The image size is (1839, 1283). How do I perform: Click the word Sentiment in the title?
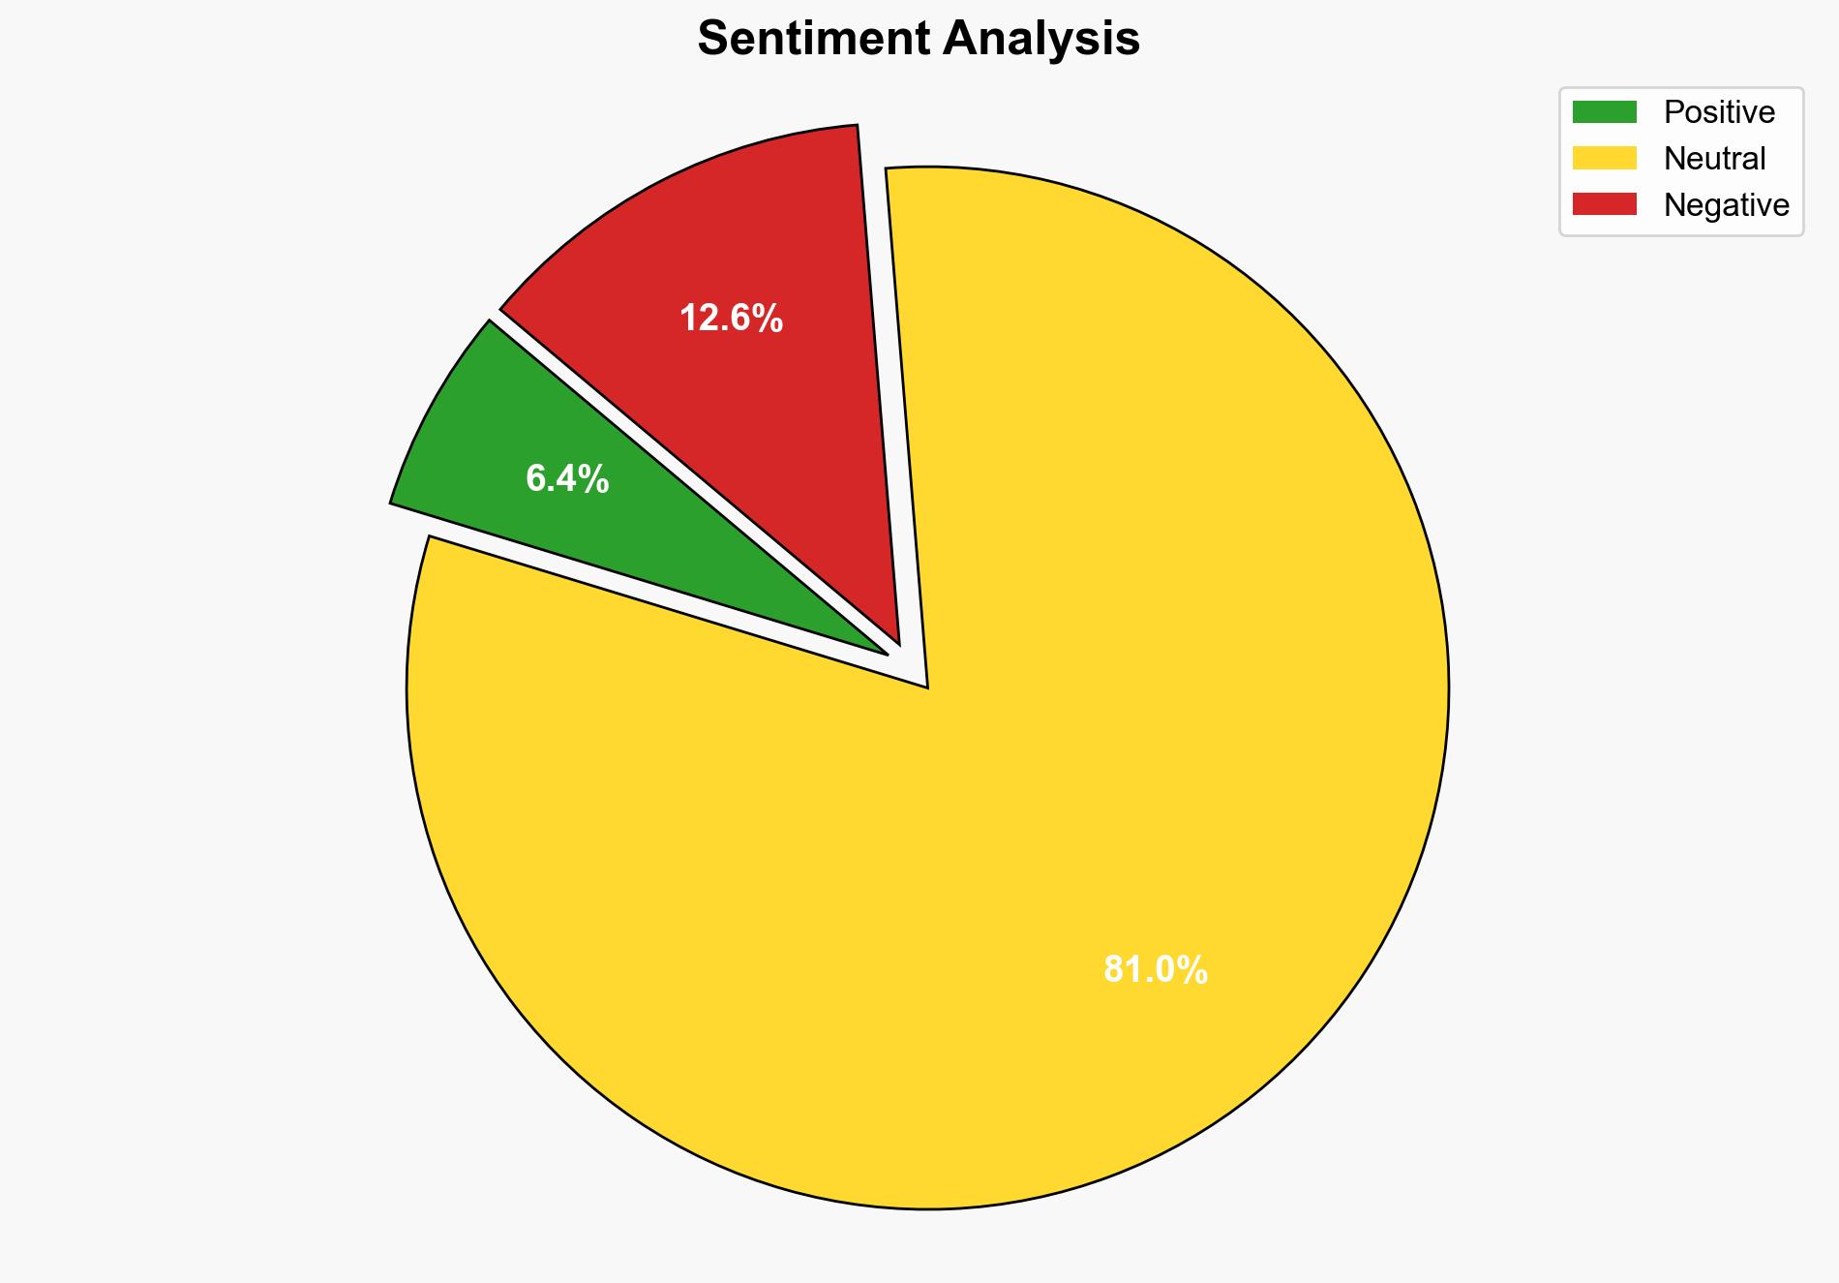pos(814,40)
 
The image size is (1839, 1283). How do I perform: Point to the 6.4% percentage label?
pos(567,478)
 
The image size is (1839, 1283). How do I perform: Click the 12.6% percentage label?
pos(731,319)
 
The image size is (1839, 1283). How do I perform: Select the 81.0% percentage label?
pos(1155,969)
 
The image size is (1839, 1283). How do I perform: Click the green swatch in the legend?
pos(1604,112)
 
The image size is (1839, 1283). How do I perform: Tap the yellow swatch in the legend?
pos(1604,158)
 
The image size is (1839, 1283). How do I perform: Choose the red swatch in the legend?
pos(1604,204)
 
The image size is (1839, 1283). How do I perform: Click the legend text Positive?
pos(1719,112)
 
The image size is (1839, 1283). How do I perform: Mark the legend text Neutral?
pos(1714,159)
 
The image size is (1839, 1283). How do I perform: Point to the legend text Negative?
pos(1726,205)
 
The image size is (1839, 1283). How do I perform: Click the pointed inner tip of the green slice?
pos(885,653)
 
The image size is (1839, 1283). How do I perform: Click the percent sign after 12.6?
pos(769,319)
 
